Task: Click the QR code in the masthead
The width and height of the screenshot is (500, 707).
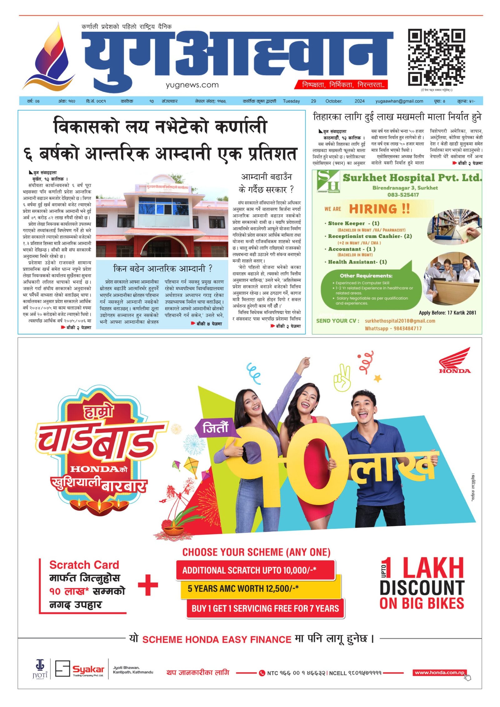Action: pos(436,57)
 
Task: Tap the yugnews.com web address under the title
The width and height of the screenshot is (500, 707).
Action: pos(192,85)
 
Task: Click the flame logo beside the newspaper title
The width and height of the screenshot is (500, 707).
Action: pos(50,58)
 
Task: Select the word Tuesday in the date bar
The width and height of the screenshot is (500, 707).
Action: pos(291,101)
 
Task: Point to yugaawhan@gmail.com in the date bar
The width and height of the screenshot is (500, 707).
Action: pos(399,101)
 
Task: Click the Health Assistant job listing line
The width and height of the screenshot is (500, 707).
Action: pos(357,262)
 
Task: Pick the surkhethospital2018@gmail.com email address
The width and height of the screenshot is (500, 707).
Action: pos(400,321)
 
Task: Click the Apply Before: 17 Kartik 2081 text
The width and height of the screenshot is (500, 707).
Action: pos(447,313)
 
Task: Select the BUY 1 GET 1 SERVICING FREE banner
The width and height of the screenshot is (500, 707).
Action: pos(265,608)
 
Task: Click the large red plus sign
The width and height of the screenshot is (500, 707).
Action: pos(148,585)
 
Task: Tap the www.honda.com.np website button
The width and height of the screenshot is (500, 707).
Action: pos(439,673)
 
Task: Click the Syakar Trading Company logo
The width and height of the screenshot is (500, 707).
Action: pos(80,670)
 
